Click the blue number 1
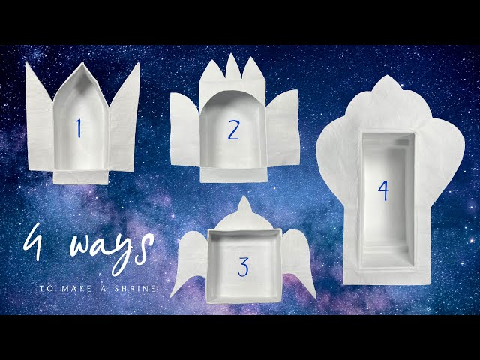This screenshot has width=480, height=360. click(x=78, y=128)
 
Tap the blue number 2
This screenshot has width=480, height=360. click(x=233, y=130)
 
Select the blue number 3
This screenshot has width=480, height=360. click(x=243, y=266)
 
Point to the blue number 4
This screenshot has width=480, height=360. click(x=383, y=191)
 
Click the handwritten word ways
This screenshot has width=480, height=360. click(x=104, y=247)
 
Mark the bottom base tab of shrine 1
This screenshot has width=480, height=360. click(x=82, y=175)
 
